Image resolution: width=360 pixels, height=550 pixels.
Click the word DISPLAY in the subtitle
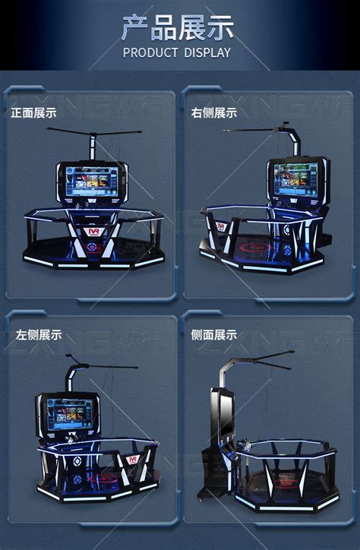coord(204,52)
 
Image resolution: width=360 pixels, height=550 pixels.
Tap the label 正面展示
coord(33,112)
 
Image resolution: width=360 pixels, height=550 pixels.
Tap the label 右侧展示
coord(214,112)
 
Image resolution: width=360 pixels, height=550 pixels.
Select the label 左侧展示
coord(39,334)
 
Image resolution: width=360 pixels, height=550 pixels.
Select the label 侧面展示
coord(214,334)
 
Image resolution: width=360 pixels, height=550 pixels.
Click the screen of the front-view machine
coord(91,182)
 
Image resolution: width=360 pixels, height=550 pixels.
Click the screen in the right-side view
coord(296,180)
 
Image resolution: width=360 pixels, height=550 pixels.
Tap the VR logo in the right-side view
coord(221,226)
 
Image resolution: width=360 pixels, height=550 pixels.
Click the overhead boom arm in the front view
coord(93,134)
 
